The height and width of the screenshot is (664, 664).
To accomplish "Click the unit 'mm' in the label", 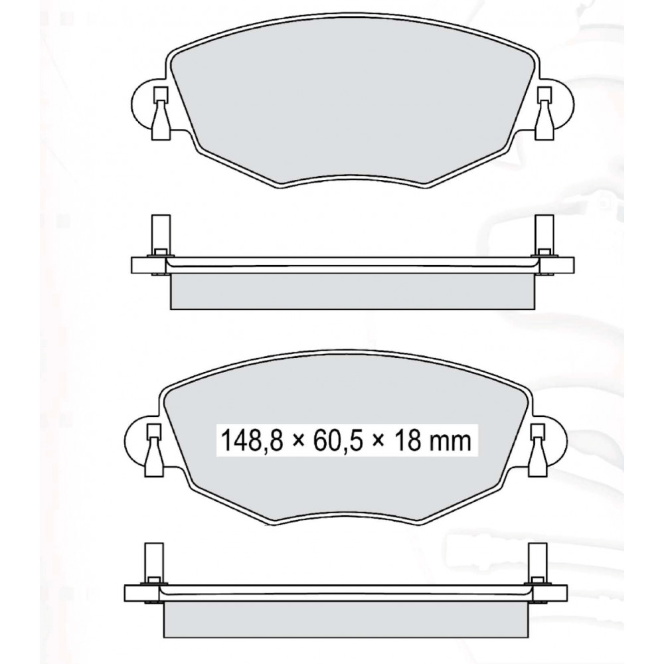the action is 450,443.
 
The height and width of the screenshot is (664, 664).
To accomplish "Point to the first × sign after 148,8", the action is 298,442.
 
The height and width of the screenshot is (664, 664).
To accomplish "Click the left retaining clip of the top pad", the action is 161,113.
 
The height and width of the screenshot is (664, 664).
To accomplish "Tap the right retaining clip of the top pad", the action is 544,113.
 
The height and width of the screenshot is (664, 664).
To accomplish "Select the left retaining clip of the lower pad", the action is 154,451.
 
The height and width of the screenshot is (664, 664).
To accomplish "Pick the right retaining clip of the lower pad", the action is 539,451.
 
